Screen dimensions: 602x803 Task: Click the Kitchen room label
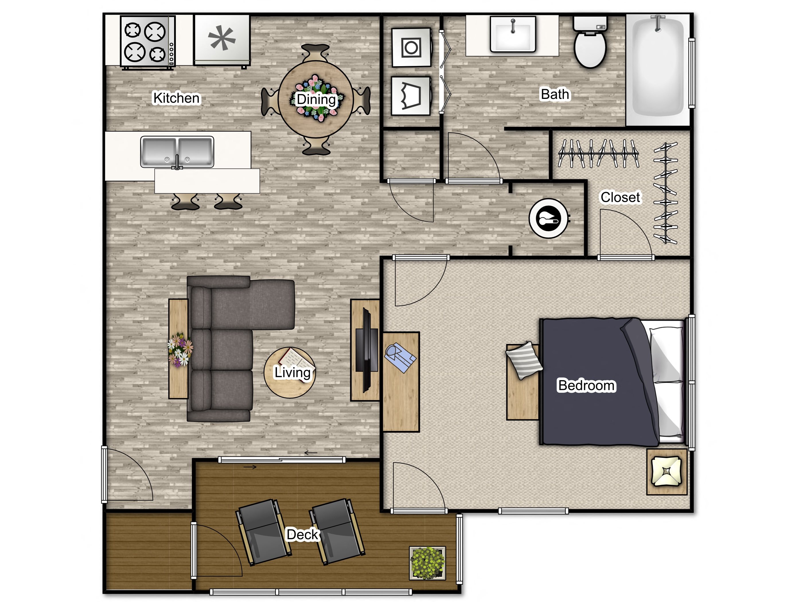176,98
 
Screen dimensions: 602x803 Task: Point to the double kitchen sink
177,152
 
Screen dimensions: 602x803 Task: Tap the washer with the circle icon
411,48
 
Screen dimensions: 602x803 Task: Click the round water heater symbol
548,218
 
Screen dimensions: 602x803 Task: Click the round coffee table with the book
290,373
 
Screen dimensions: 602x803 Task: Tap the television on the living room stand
367,350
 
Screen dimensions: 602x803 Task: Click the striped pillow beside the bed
524,360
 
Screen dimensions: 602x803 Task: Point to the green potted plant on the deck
427,563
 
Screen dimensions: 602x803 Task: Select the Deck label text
302,535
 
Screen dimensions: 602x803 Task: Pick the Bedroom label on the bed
586,385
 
